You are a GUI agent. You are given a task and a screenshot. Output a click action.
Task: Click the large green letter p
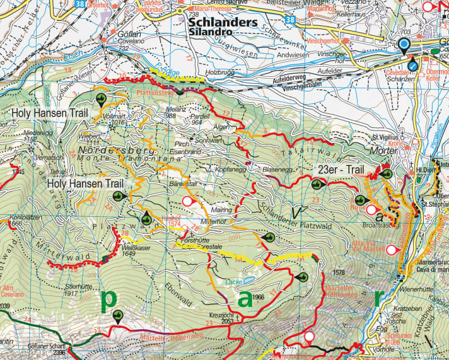click(110, 299)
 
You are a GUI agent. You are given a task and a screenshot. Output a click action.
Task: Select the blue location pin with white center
click(403, 45)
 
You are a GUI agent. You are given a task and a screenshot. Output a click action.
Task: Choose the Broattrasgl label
click(378, 224)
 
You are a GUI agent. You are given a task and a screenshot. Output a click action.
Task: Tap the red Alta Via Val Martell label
click(371, 246)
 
